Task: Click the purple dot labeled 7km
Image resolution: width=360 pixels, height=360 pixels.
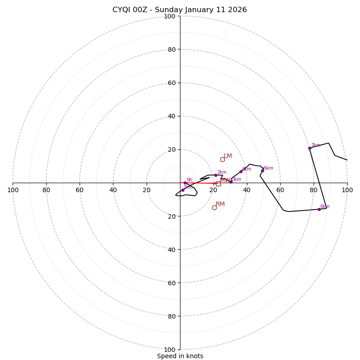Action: [310, 148]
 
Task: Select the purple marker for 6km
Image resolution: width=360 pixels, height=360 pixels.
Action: [319, 209]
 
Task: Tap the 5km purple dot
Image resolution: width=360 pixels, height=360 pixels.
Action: [262, 171]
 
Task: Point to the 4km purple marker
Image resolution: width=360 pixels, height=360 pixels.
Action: [241, 171]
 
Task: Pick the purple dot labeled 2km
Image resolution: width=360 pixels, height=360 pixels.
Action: [216, 175]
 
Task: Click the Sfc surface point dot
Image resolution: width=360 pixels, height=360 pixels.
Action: [185, 183]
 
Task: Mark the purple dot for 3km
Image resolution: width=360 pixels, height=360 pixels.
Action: [231, 182]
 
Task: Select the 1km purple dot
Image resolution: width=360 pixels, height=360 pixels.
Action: [183, 190]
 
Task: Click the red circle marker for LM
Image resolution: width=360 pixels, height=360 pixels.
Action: [222, 159]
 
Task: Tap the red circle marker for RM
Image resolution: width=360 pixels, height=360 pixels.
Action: [214, 207]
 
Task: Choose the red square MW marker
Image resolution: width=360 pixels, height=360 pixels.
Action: [218, 184]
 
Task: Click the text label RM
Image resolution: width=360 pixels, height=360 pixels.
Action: [220, 204]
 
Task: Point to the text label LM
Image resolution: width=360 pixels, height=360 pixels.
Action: [228, 156]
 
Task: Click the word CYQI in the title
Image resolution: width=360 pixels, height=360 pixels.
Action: [121, 10]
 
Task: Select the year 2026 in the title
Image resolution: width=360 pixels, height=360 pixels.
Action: [238, 10]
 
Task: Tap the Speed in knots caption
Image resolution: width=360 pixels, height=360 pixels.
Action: [180, 356]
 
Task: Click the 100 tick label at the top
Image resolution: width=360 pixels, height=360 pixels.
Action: [170, 16]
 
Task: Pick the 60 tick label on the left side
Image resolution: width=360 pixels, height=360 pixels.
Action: [80, 190]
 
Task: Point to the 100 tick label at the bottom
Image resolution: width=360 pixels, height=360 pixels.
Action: [170, 350]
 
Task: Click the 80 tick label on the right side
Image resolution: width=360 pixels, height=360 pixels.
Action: [314, 190]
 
